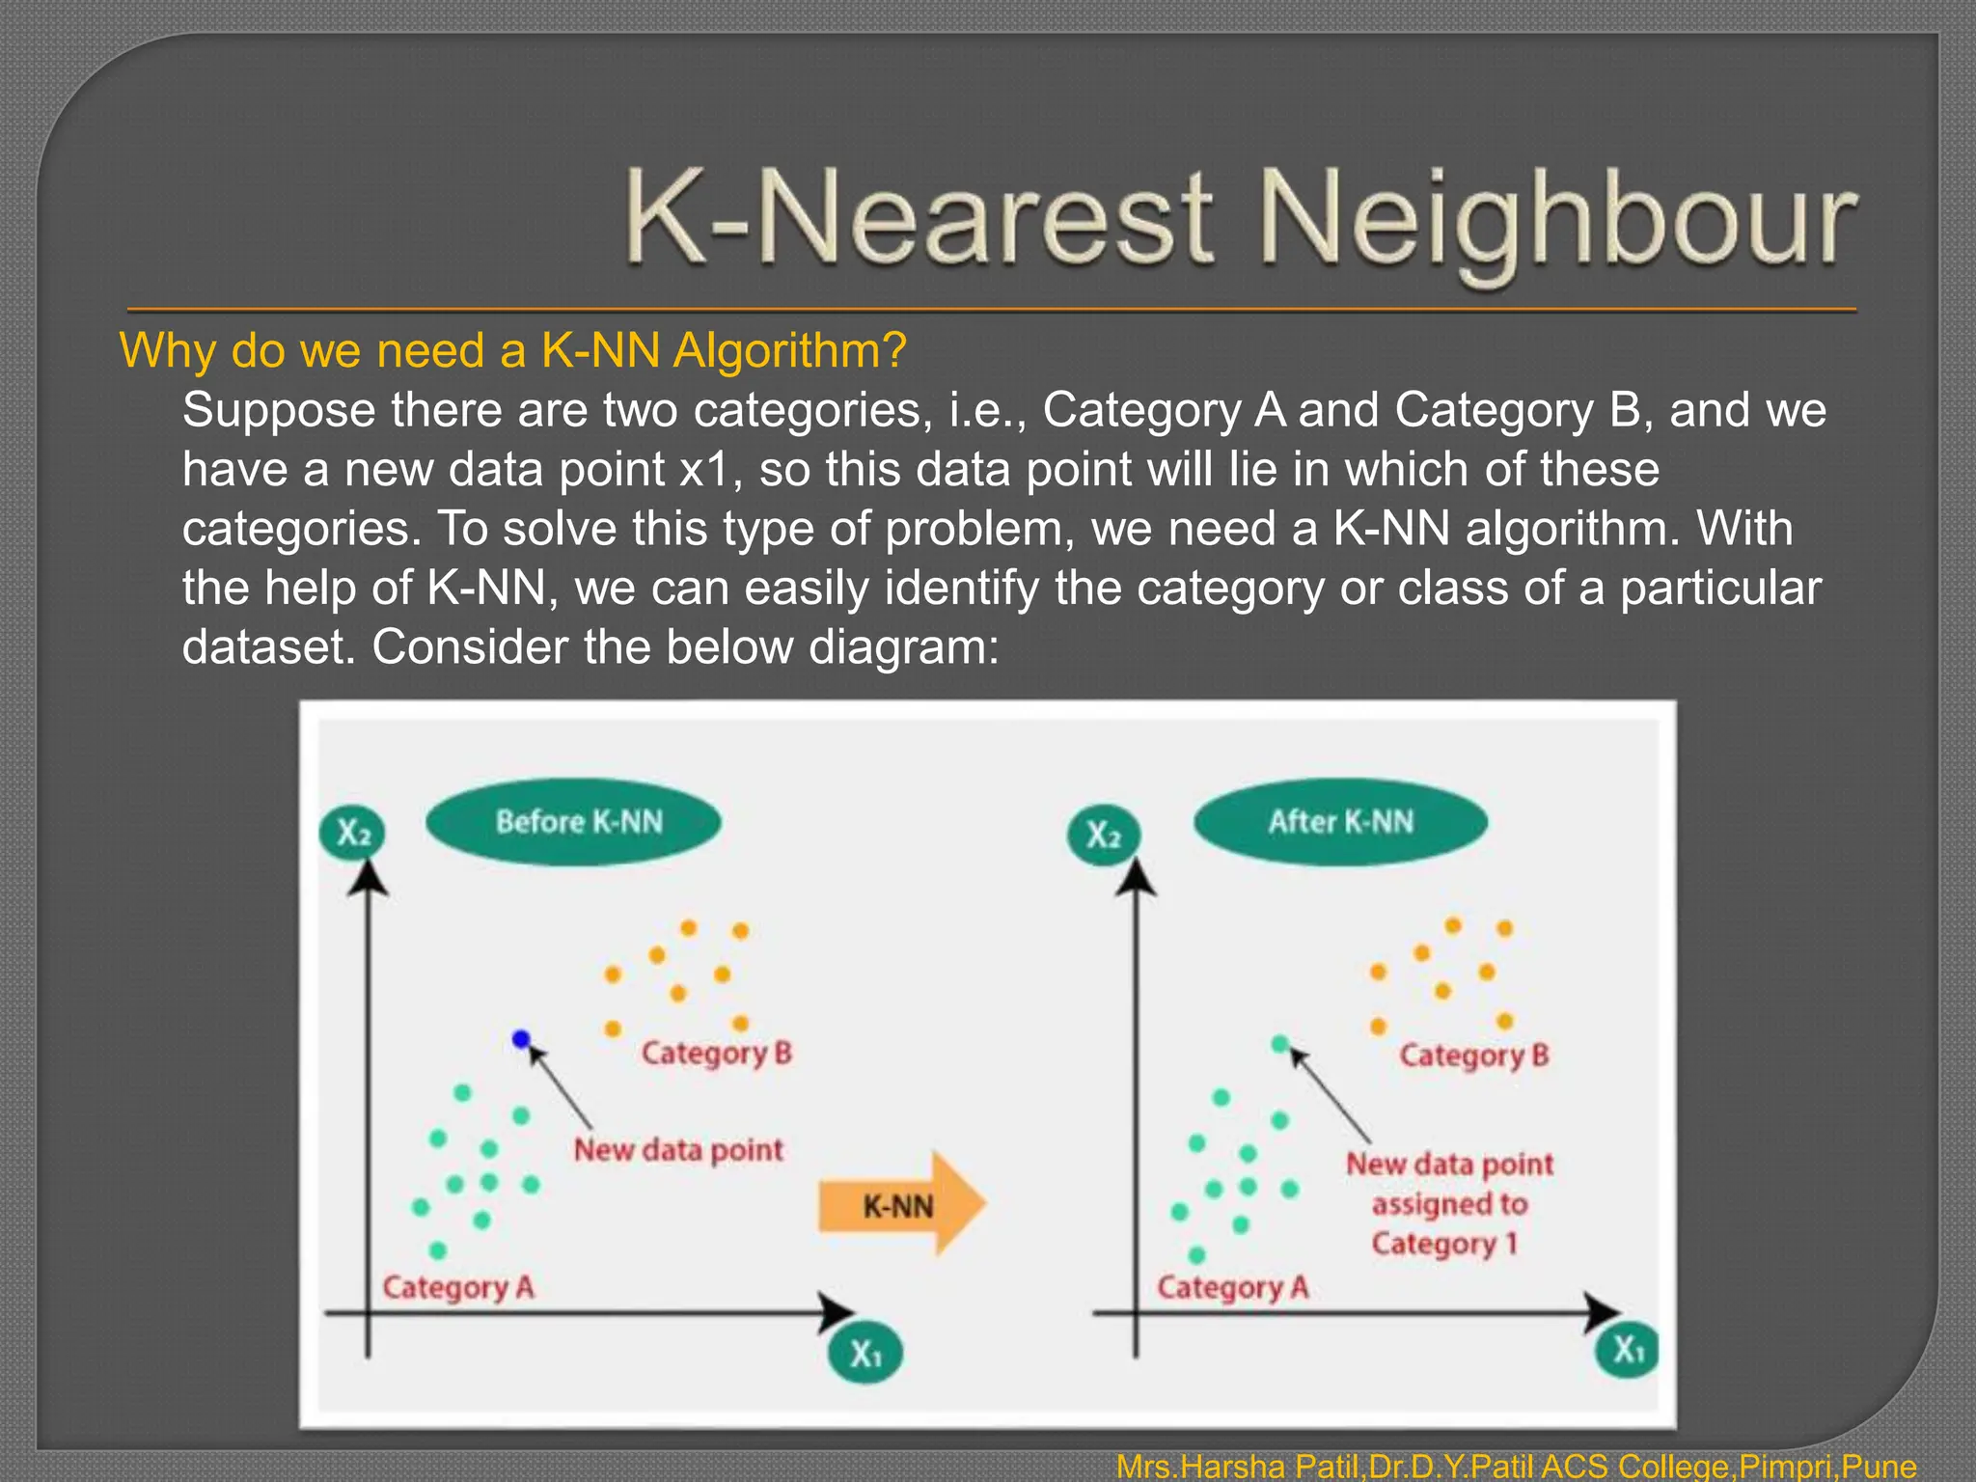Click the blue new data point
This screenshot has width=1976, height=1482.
coord(521,1039)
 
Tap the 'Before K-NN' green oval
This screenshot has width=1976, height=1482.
coord(574,821)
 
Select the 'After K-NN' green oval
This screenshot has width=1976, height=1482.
coord(1340,821)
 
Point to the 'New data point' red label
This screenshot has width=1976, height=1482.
coord(678,1150)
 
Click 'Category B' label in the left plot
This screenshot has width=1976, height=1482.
coord(716,1053)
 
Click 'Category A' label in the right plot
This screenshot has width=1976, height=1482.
coord(1232,1287)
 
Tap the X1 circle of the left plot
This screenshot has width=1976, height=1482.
coord(865,1354)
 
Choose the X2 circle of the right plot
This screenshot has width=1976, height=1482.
coord(1104,834)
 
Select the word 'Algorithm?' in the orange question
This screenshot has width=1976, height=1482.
coord(789,350)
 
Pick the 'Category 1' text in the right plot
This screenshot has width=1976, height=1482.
coord(1444,1244)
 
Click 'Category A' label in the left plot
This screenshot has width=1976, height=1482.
coord(457,1287)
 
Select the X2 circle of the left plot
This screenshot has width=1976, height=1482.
coord(353,833)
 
